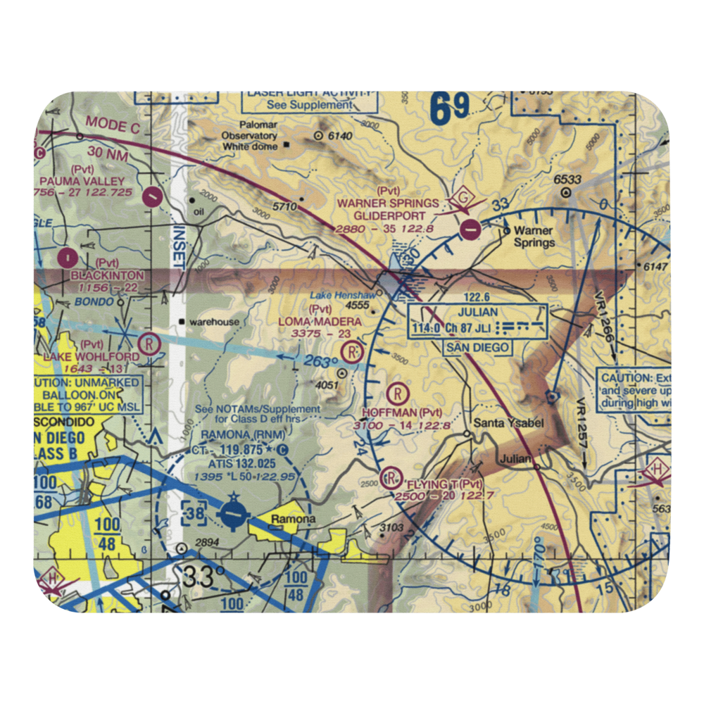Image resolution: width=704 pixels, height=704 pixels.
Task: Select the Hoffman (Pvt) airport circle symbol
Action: click(399, 391)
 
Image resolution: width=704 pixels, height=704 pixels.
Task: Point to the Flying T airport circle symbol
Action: click(389, 479)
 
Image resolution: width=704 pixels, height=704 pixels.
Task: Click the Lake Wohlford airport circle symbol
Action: click(149, 344)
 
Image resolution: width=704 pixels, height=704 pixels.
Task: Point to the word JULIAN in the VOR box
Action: click(477, 312)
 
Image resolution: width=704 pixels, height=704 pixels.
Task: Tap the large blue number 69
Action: click(449, 109)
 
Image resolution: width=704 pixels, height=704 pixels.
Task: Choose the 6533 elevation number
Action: click(567, 179)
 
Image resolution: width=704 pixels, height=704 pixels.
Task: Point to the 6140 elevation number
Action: click(338, 135)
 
